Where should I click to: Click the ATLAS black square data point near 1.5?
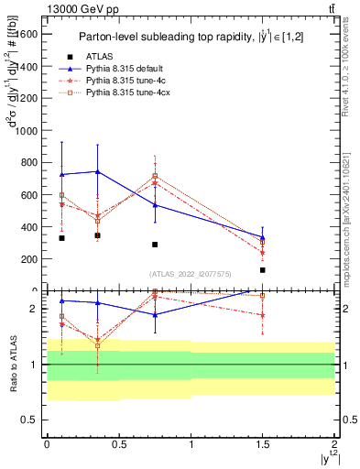point(263,270)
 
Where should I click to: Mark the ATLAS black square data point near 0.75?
point(155,245)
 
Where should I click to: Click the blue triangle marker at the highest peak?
point(97,171)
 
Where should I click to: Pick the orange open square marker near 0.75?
point(155,176)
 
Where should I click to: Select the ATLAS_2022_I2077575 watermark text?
point(191,274)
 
